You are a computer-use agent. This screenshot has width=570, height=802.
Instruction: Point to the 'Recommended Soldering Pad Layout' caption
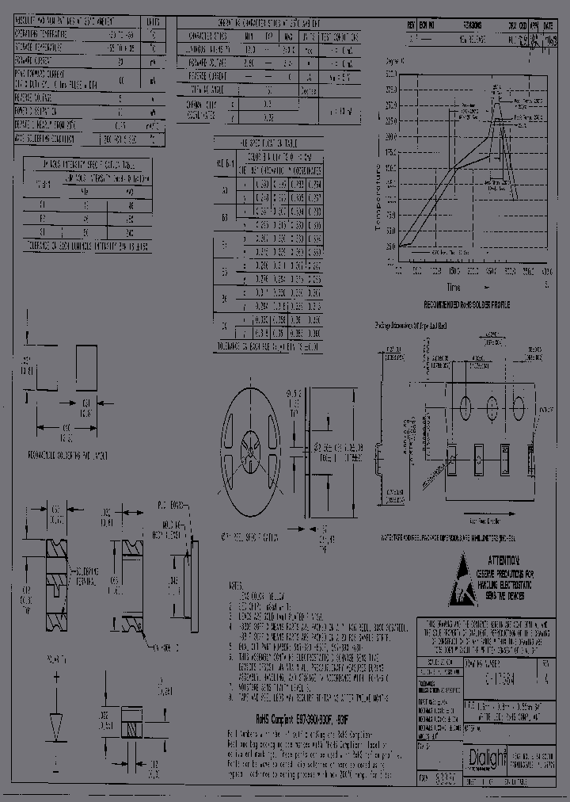click(68, 457)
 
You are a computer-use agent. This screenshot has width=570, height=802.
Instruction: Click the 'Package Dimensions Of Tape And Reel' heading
click(411, 326)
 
